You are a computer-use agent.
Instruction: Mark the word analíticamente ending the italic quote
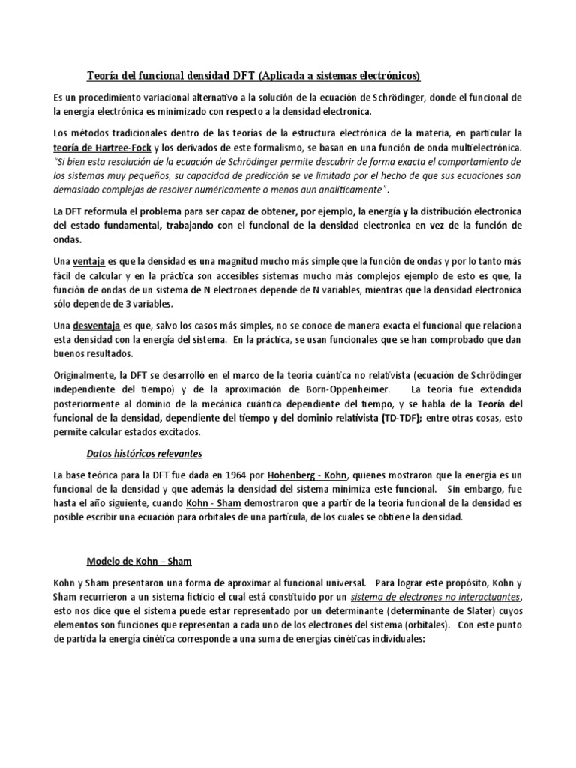342,190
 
